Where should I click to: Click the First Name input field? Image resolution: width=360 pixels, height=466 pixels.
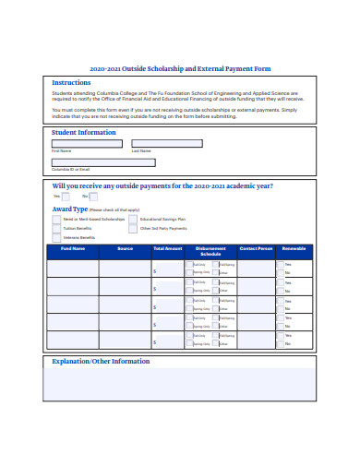point(87,143)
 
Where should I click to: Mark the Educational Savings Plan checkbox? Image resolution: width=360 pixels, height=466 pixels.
point(133,219)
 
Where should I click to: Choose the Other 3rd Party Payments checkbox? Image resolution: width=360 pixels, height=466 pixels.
point(133,227)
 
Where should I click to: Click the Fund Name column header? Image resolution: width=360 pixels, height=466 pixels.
point(73,248)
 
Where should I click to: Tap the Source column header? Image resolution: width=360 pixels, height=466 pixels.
point(126,248)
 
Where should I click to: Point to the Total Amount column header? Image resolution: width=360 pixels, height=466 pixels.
point(167,248)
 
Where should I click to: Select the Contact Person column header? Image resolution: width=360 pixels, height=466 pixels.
point(256,248)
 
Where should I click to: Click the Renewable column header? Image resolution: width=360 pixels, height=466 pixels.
point(294,248)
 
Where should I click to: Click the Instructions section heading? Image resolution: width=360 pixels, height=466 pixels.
point(71,82)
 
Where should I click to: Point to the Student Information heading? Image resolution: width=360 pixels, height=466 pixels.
point(83,131)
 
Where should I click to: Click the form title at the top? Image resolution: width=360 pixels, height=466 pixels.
point(180,68)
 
